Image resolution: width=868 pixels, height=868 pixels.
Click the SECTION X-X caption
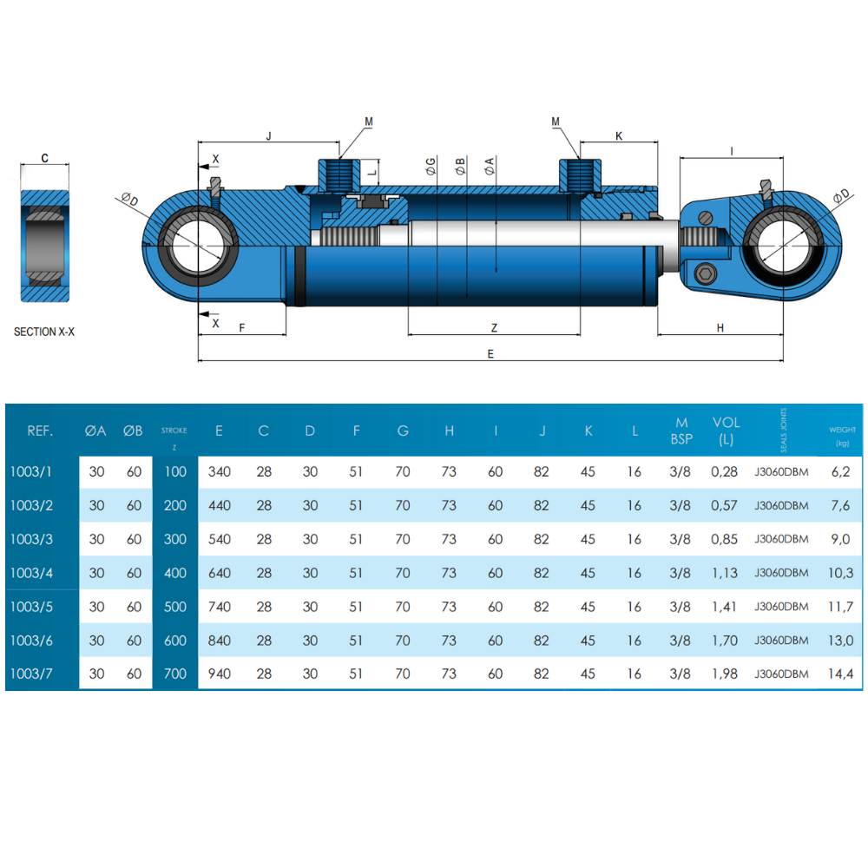[44, 332]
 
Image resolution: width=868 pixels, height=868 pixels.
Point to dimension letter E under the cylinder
[490, 353]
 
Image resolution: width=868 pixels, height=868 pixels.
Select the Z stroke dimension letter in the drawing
[494, 327]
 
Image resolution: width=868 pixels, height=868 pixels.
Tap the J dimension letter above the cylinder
[269, 135]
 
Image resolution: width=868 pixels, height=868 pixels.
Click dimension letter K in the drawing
[619, 135]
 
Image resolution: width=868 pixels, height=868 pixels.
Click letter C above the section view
[44, 159]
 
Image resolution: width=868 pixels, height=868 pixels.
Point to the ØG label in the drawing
[431, 167]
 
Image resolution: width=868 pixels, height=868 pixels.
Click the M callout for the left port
[369, 122]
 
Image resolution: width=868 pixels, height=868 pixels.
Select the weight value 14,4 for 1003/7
[841, 674]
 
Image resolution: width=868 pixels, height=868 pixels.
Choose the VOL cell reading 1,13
[725, 573]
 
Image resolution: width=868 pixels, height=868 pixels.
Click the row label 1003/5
[31, 607]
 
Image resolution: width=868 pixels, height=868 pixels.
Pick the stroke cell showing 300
[175, 539]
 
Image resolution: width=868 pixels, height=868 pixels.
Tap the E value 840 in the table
[220, 641]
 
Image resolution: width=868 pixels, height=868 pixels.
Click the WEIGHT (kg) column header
[842, 435]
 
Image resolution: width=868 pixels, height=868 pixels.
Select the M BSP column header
[681, 431]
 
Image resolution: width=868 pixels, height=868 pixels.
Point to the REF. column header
[41, 431]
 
